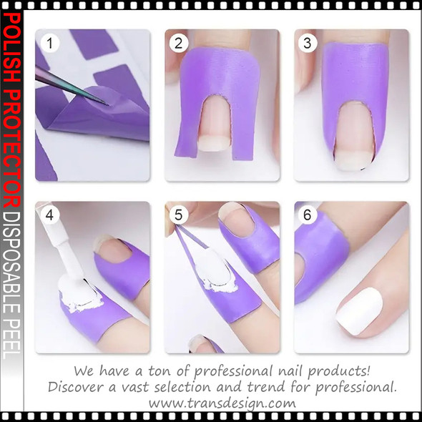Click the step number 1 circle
49,44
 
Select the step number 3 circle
308,44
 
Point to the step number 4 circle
49,215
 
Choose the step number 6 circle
308,215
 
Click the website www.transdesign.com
222,402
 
